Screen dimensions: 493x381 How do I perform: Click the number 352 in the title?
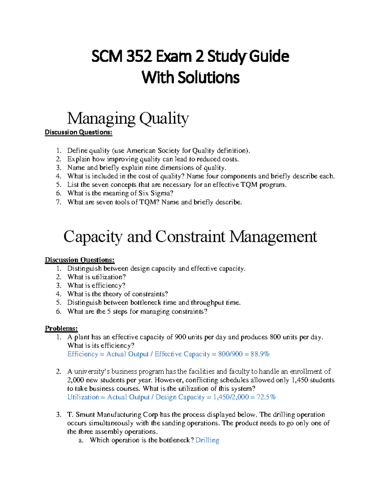137,57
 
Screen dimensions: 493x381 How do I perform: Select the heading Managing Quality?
128,118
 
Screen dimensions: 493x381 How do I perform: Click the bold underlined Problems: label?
61,329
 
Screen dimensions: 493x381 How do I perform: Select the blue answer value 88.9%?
260,354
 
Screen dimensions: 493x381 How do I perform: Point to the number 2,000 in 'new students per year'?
76,380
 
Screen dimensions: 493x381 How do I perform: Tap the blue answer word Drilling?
207,440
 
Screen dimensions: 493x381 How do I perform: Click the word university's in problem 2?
91,372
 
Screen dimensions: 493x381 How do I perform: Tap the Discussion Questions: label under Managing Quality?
78,132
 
